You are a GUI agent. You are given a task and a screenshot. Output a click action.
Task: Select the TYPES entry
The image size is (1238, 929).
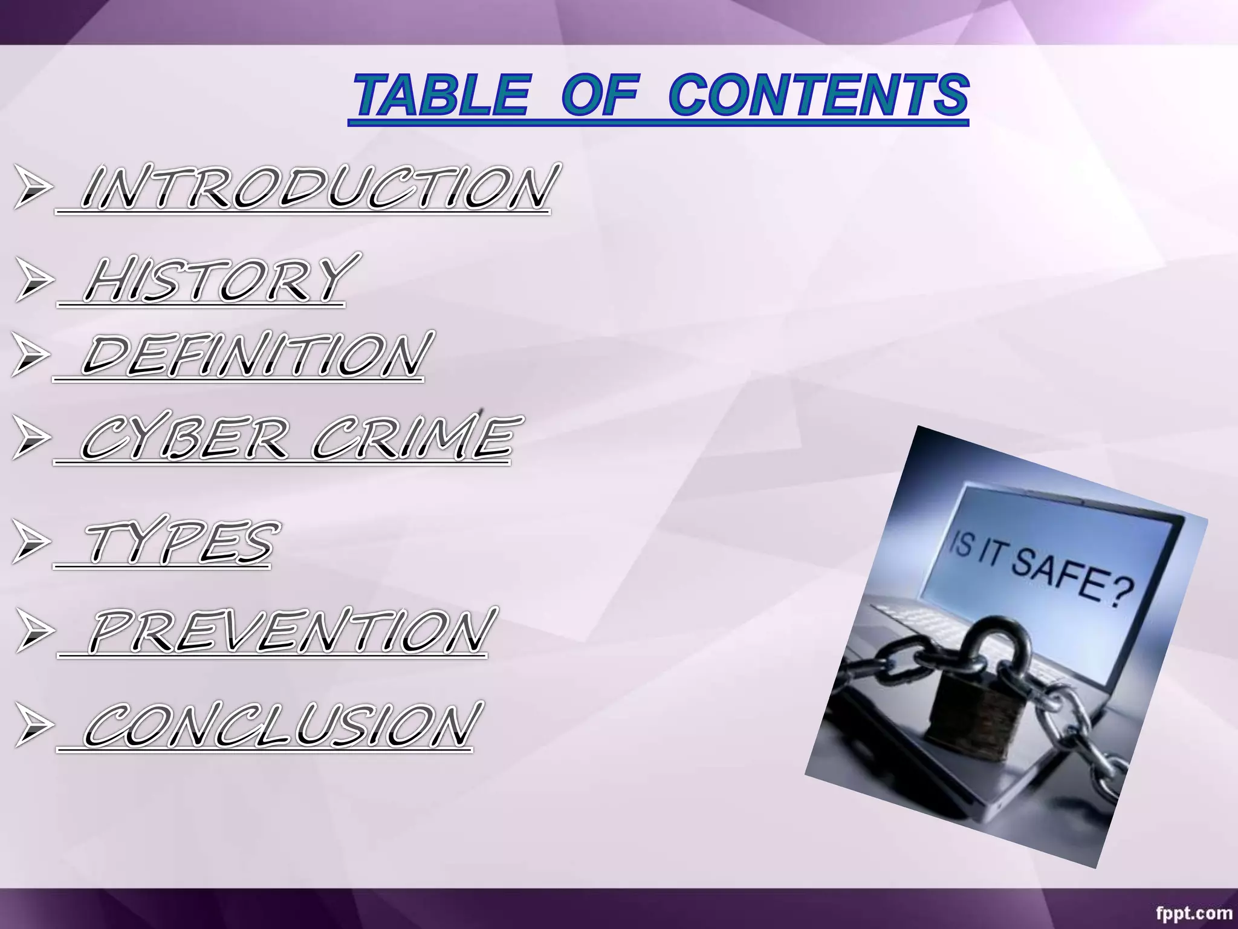pos(178,543)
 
